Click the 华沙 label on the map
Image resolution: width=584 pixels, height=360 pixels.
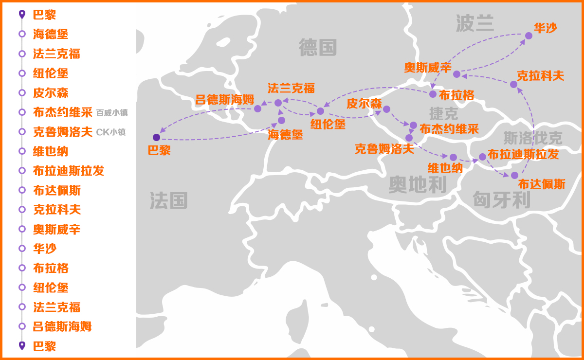tap(546, 28)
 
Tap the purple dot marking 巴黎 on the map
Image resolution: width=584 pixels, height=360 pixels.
tap(156, 137)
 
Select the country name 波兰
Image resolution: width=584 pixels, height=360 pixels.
tap(474, 23)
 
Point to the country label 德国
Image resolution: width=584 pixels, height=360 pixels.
tap(318, 48)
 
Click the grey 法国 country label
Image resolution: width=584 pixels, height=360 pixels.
tap(168, 200)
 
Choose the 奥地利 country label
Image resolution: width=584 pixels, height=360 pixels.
tap(418, 185)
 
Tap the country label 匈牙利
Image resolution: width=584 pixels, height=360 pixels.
tap(501, 199)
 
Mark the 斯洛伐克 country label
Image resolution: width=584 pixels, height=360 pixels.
tap(533, 138)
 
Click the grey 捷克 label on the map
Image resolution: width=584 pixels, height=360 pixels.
tap(443, 113)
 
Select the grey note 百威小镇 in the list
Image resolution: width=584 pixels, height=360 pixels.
tap(112, 113)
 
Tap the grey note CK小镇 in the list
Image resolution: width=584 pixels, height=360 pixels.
tap(111, 132)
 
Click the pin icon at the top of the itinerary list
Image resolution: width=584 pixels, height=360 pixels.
tap(22, 15)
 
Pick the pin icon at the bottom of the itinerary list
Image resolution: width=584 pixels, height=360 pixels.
tap(22, 346)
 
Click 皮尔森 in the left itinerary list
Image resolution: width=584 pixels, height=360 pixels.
tap(51, 93)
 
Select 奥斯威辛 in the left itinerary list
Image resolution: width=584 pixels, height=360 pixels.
tap(56, 229)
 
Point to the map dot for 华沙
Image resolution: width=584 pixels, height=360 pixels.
tap(529, 36)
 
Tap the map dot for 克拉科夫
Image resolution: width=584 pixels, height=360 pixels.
tap(513, 84)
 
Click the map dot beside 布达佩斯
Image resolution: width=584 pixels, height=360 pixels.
tap(514, 175)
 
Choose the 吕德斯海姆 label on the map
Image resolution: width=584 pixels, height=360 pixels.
tap(224, 100)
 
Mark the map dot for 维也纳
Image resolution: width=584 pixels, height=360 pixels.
tap(453, 157)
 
